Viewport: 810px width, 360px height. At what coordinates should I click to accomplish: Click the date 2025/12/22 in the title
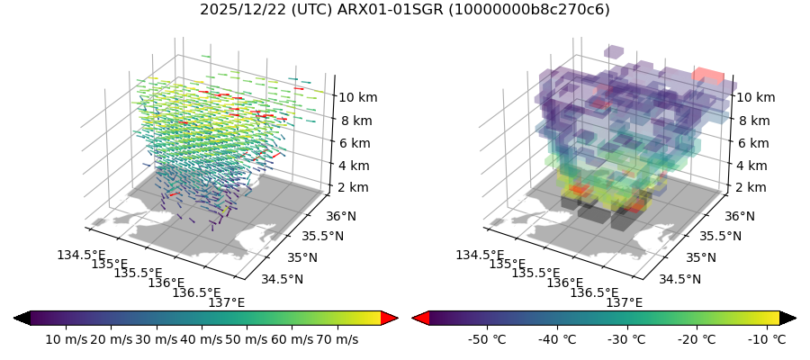coord(238,10)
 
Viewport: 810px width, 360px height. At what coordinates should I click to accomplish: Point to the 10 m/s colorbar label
coord(65,339)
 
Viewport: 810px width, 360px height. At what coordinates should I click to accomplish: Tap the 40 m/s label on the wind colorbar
coord(201,339)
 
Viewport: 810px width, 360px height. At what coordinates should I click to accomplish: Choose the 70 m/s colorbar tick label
coord(337,339)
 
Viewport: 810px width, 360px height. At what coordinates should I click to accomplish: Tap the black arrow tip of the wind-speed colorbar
coord(22,318)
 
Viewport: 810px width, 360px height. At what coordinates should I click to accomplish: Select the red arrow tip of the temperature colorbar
coord(419,318)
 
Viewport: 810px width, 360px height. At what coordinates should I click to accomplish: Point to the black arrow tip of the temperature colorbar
coord(788,318)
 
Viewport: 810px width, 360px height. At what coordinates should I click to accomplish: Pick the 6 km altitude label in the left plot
coord(357,142)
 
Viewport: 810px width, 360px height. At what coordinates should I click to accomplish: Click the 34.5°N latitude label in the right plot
coord(680,279)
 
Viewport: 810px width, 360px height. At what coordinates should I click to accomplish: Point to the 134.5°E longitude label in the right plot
coord(480,255)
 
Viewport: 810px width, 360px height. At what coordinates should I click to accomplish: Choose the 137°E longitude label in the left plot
coord(226,302)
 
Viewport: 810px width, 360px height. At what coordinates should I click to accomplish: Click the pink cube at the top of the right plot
coord(708,76)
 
